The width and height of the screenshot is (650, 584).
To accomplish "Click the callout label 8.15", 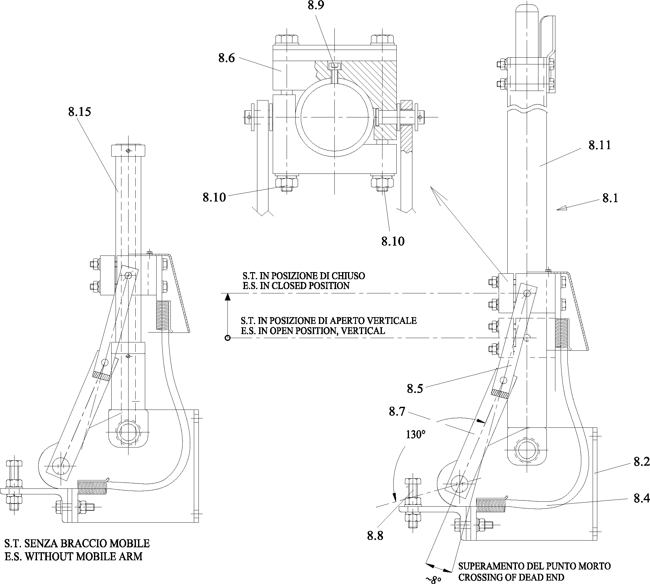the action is tap(80, 112).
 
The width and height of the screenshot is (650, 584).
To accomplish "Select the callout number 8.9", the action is tap(316, 6).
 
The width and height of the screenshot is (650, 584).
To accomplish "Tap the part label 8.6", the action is tap(227, 58).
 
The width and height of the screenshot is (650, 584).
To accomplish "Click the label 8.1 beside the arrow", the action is tap(610, 198).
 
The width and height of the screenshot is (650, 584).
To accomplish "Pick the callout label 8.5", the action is tap(415, 389).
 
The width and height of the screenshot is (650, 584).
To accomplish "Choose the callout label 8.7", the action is tap(397, 411).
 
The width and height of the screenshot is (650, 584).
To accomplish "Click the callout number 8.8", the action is tap(375, 536).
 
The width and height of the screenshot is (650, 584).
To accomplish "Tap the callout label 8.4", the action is tap(642, 498).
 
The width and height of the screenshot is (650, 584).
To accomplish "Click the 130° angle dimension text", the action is tap(416, 435).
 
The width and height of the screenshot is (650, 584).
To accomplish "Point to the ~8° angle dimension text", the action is tap(433, 579).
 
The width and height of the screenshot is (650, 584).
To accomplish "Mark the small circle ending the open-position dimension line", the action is tap(227, 338).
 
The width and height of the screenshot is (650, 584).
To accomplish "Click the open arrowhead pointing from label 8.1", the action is tap(562, 209).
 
